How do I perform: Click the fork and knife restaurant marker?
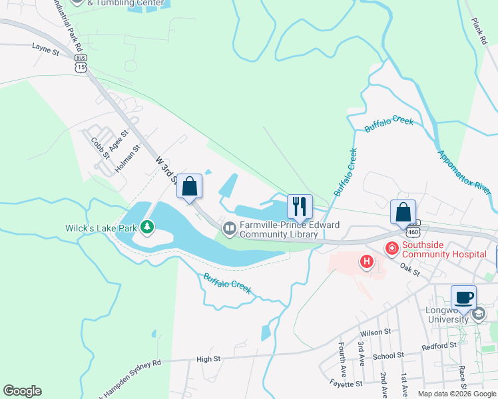click(299, 207)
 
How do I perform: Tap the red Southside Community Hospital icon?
click(391, 249)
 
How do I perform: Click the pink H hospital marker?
click(366, 262)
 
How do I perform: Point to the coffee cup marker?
click(463, 297)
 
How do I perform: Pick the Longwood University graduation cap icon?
click(478, 314)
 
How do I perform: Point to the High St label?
click(208, 359)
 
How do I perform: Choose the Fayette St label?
click(345, 384)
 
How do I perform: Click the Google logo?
click(22, 391)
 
